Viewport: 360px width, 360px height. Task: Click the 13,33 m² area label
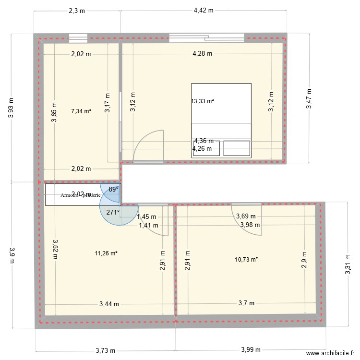202,101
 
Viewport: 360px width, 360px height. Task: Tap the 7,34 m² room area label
81,111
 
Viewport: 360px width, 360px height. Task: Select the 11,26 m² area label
106,254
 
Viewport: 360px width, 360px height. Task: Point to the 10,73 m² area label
247,260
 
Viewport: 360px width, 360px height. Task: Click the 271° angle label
113,212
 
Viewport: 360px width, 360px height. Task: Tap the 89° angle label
113,190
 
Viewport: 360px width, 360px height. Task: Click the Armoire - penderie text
81,195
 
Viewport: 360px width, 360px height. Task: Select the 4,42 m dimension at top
203,10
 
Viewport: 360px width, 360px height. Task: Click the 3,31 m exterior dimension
348,265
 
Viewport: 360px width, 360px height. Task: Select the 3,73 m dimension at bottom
105,351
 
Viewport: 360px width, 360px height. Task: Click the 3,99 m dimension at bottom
252,351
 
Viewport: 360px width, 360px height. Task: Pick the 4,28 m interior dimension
202,54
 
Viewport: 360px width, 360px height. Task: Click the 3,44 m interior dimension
109,303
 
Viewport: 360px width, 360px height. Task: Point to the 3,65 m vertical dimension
54,112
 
